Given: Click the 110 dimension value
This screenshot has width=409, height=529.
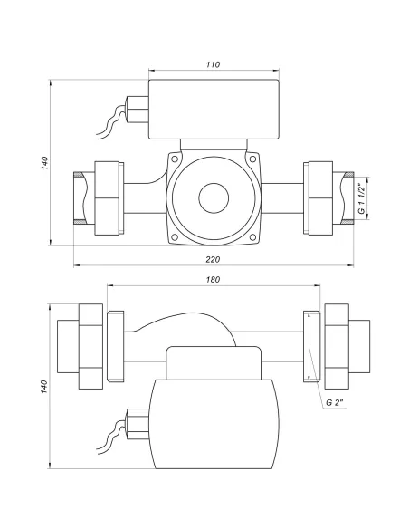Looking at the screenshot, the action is (213, 64).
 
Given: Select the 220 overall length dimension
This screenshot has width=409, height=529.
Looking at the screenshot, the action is (213, 259).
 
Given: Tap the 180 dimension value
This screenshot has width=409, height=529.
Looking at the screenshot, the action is (213, 280).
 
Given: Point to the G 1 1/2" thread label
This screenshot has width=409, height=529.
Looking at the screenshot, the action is (362, 198).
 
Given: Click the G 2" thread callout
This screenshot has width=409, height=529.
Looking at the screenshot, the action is (335, 402).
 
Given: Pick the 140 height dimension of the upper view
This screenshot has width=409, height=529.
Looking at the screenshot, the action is (45, 163).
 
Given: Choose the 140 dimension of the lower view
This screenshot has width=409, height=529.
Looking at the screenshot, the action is (45, 387).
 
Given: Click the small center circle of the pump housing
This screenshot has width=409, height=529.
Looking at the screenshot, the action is (214, 198).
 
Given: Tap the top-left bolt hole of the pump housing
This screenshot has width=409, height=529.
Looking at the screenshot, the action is (174, 159).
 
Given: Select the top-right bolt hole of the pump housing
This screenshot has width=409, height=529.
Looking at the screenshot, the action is (252, 159).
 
